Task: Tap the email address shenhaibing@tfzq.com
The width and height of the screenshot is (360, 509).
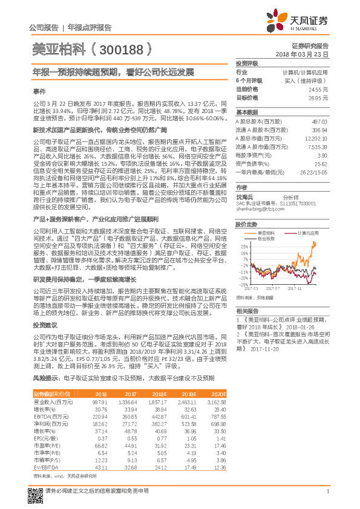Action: click(x=257, y=209)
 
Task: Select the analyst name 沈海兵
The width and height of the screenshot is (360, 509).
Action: click(x=245, y=197)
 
